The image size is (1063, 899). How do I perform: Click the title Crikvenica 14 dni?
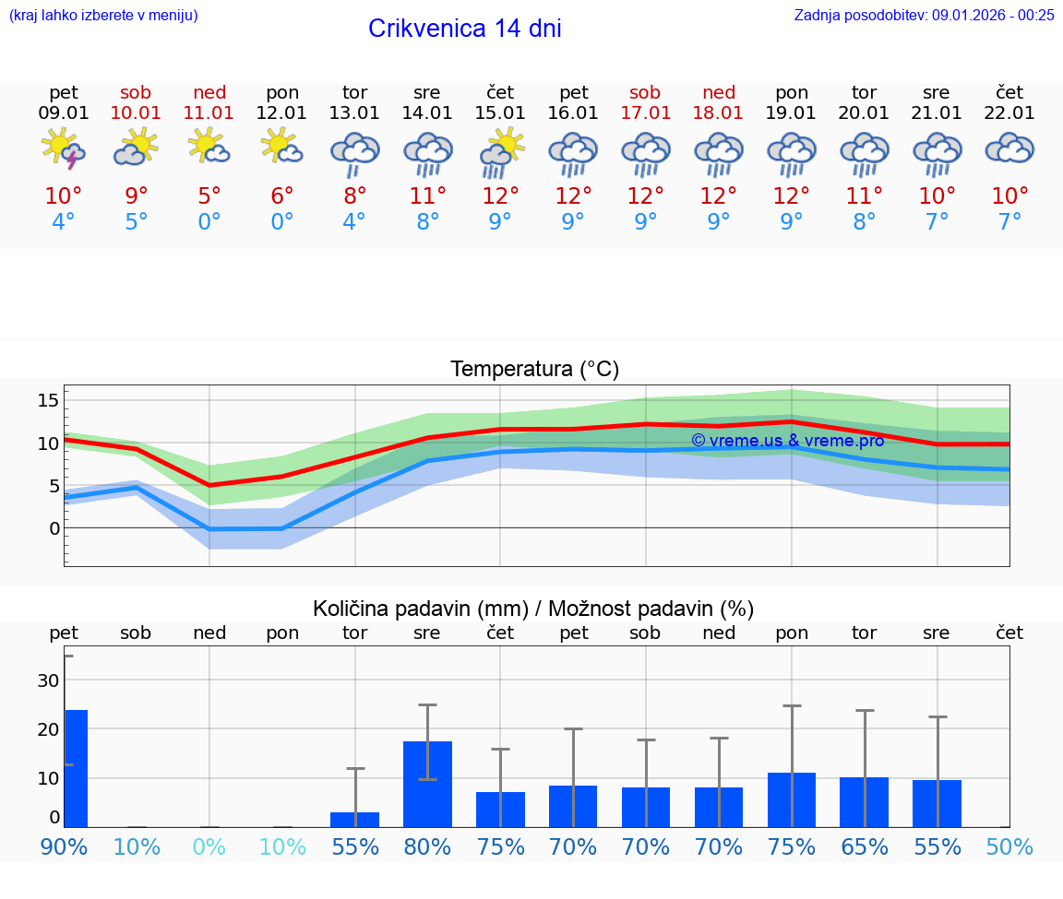464,29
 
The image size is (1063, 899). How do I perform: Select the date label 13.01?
354,113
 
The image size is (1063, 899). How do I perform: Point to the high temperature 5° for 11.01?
209,196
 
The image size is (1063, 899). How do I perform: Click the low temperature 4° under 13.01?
354,222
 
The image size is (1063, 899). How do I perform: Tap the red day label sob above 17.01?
645,92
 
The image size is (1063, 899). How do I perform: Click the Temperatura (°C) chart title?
534,370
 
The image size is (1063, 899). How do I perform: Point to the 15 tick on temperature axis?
48,400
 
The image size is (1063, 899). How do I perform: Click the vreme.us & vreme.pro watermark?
787,441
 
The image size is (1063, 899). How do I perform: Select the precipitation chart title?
533,609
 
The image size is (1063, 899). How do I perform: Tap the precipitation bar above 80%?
427,784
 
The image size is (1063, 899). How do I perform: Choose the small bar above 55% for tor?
354,819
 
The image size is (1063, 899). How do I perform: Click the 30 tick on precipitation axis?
48,680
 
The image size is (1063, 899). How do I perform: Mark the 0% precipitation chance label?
209,846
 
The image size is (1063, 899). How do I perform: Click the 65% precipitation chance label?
864,846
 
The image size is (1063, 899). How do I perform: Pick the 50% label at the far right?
1009,846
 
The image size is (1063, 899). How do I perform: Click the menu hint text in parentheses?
102,15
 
